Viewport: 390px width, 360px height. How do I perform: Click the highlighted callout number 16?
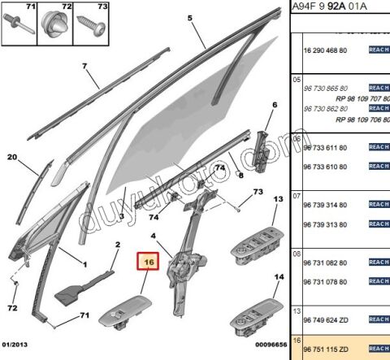[149, 262]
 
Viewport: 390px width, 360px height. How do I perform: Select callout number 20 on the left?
[12, 158]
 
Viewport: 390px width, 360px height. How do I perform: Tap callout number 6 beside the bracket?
[274, 105]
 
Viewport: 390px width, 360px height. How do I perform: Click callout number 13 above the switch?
[278, 199]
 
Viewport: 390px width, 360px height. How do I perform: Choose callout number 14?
[279, 277]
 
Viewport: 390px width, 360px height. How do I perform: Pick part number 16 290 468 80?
[326, 50]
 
